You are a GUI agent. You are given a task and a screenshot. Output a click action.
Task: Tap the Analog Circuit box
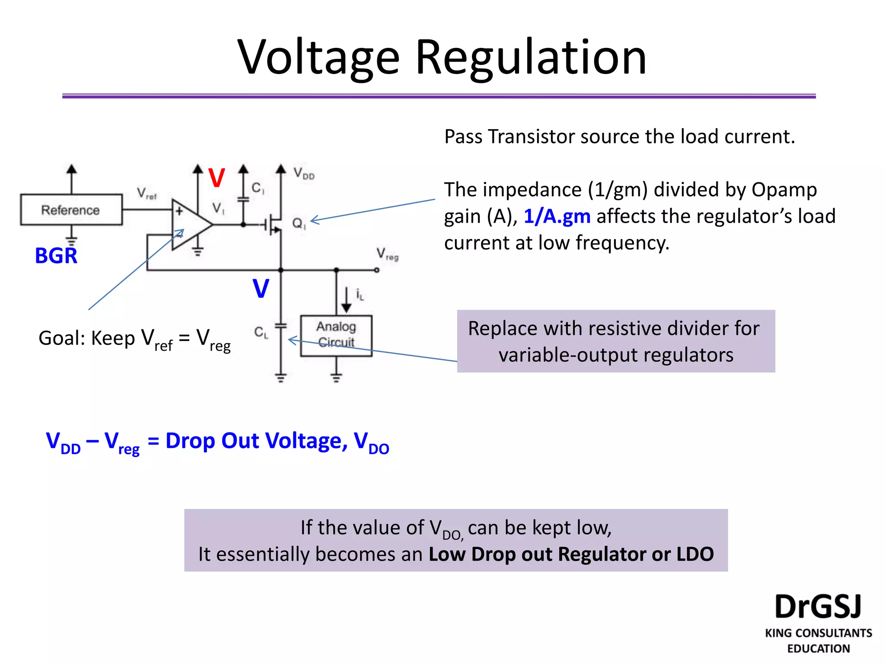click(336, 335)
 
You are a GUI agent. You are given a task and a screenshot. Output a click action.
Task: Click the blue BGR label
click(56, 255)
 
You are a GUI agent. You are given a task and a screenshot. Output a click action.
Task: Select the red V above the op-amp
click(216, 178)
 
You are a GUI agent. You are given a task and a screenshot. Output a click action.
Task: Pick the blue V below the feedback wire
click(261, 288)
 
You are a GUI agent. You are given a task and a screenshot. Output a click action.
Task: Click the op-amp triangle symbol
click(188, 225)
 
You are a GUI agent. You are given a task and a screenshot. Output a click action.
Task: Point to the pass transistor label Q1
click(299, 224)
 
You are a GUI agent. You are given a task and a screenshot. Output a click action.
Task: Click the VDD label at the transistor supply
click(304, 173)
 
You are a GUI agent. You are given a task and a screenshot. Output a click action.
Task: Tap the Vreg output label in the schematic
click(387, 254)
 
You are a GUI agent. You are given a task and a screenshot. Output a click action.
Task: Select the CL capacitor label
click(261, 332)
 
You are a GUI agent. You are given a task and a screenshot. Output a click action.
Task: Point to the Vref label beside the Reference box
click(146, 193)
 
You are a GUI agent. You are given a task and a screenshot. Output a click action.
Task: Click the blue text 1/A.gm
click(557, 216)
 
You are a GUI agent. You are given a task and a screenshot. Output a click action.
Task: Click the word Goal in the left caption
click(61, 338)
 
